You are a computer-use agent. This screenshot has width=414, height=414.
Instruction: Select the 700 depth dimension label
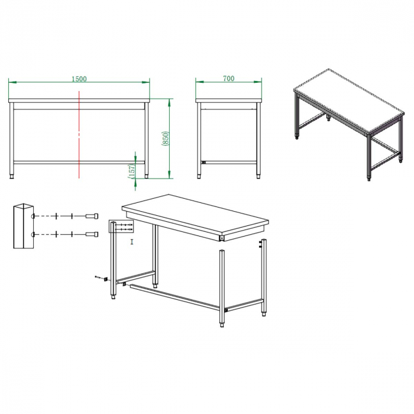point(229,78)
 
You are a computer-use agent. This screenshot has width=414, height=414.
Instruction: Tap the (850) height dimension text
point(166,138)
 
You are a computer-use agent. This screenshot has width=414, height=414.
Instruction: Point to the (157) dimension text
point(131,169)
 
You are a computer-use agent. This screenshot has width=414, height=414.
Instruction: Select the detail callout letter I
point(132,241)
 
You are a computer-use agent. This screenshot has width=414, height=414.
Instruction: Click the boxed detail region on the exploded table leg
point(118,227)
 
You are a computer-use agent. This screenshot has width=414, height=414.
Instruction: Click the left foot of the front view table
point(14,175)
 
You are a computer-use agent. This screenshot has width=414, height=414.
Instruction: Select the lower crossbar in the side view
point(229,162)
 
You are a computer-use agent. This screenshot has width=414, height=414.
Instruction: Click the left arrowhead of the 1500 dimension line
point(11,82)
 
